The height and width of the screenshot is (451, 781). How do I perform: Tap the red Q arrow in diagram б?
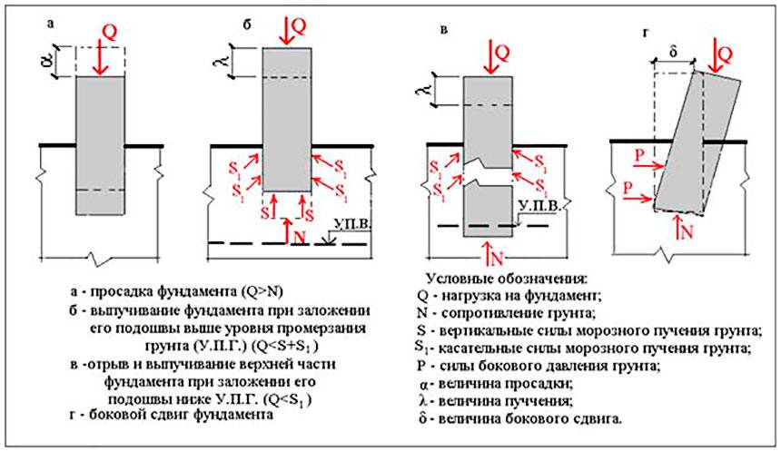[287, 33]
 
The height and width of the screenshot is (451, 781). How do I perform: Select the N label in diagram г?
[687, 231]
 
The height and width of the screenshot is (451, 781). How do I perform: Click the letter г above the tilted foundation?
[644, 34]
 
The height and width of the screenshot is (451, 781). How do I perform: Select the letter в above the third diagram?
[442, 33]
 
